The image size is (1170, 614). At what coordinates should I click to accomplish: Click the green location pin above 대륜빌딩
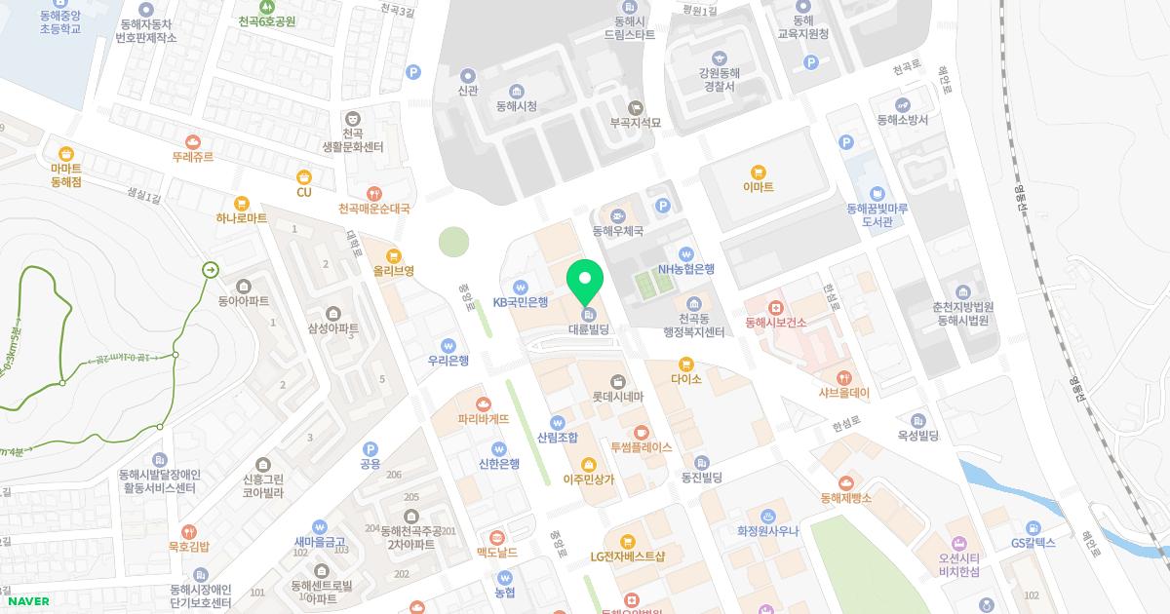tap(586, 282)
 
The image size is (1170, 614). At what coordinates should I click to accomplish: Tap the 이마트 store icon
tap(758, 171)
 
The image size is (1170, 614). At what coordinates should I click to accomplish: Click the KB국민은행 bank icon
tap(521, 288)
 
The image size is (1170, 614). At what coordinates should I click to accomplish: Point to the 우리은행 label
tap(448, 361)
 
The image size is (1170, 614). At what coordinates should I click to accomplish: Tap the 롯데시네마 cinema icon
tap(617, 381)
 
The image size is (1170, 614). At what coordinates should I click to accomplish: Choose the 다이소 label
tap(685, 379)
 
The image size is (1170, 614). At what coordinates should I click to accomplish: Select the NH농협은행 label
tap(686, 269)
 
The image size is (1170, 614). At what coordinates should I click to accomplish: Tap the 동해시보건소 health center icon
tap(775, 307)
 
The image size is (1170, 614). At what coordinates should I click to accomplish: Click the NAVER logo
tap(26, 601)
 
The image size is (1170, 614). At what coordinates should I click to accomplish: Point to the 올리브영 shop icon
tap(394, 256)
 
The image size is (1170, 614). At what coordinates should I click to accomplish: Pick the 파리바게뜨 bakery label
tap(484, 419)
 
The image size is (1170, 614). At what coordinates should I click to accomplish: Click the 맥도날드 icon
tap(496, 537)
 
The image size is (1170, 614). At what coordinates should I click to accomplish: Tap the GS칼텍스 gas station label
tap(1033, 543)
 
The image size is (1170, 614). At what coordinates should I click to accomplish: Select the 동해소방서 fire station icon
tap(903, 105)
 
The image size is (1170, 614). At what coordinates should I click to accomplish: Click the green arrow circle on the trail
tap(210, 270)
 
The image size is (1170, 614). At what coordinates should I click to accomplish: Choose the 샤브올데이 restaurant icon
tap(843, 378)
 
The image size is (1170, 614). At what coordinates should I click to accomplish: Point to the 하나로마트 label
tap(242, 218)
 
